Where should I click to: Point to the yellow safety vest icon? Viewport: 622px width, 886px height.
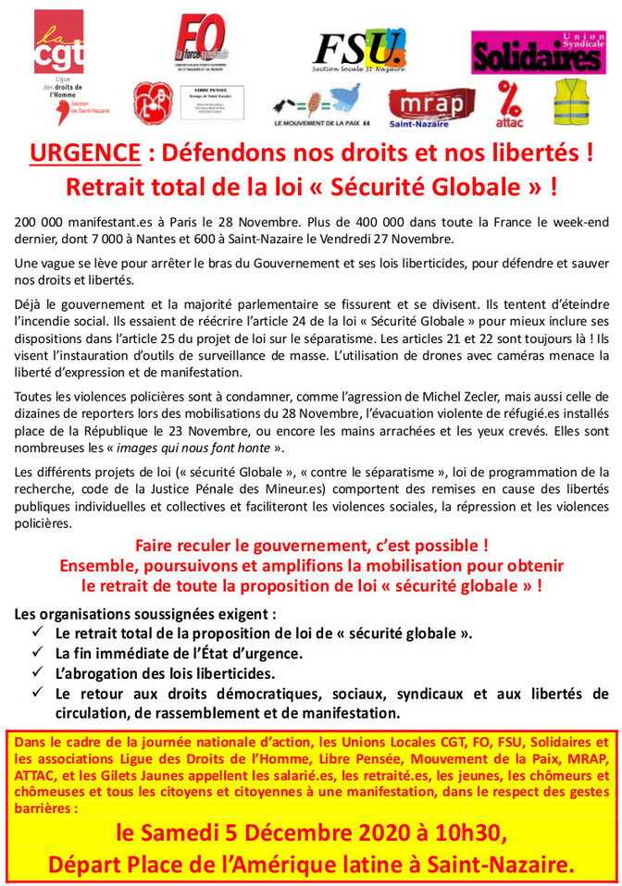coord(572,102)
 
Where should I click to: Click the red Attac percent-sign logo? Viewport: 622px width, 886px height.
coord(510,102)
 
